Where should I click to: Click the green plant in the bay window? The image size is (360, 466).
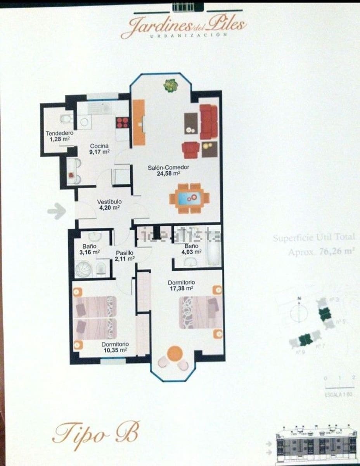[x=170, y=85]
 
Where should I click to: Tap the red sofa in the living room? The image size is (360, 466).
[x=209, y=122]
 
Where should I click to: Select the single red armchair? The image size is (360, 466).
[x=191, y=150]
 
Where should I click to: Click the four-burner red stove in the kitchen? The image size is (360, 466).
[x=122, y=123]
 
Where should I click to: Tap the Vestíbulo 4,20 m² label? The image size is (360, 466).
[x=109, y=204]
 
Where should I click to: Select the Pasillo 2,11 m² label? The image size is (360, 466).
[x=125, y=255]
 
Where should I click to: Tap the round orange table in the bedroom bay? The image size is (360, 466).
[x=175, y=353]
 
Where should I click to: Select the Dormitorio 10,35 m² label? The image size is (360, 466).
[x=115, y=347]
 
